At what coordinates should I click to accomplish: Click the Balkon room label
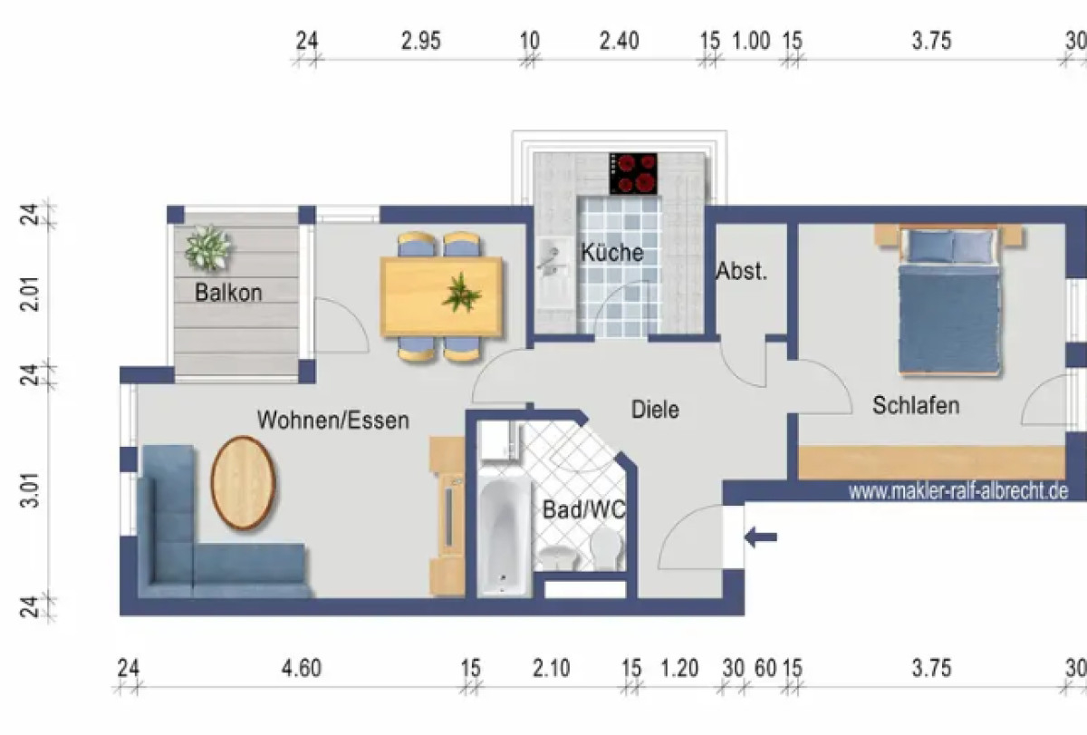[228, 293]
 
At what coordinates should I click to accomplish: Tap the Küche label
[612, 252]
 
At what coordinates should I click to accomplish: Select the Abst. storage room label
[741, 271]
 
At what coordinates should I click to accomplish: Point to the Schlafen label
[915, 405]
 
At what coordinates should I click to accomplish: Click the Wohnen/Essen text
[332, 421]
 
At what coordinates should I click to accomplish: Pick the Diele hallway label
[655, 410]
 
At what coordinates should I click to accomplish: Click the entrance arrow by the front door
[761, 537]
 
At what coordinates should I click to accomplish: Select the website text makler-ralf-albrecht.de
[957, 490]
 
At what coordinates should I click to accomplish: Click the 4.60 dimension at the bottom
[301, 669]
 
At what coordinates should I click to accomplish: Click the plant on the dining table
[462, 292]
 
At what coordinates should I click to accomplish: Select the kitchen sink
[550, 256]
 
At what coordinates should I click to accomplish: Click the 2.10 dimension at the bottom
[551, 669]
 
